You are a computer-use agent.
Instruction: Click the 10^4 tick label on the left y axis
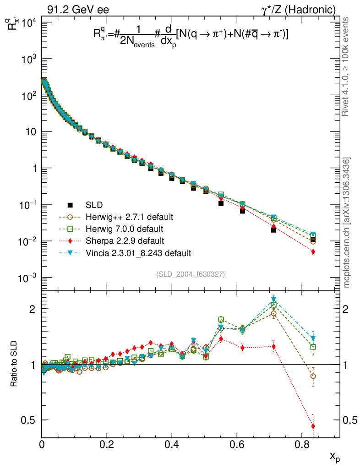[30, 23]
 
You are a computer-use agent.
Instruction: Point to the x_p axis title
[335, 456]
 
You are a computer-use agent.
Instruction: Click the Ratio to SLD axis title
[14, 364]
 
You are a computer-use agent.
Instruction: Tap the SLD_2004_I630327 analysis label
[191, 274]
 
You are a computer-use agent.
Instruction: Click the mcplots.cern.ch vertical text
[347, 223]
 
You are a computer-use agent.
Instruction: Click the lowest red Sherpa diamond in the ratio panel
[313, 426]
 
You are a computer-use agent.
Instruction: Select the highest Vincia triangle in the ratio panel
[274, 300]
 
